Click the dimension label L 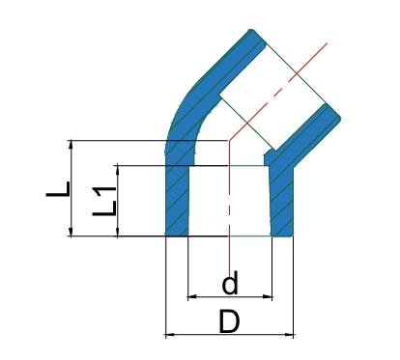pyautogui.click(x=58, y=189)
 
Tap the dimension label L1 pyautogui.click(x=104, y=202)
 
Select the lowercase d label pyautogui.click(x=230, y=283)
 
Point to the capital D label pyautogui.click(x=229, y=321)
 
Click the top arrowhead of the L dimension pyautogui.click(x=71, y=145)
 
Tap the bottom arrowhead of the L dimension pyautogui.click(x=71, y=232)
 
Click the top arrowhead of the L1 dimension pyautogui.click(x=118, y=170)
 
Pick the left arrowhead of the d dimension pyautogui.click(x=192, y=296)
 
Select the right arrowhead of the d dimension pyautogui.click(x=268, y=296)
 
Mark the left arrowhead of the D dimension pyautogui.click(x=170, y=335)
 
